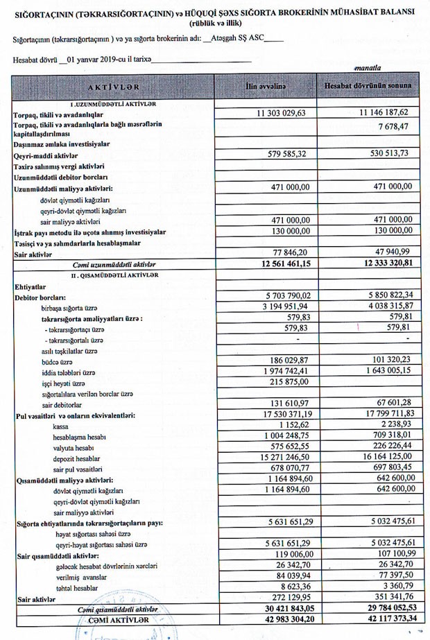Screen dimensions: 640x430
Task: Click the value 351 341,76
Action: pos(386,597)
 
